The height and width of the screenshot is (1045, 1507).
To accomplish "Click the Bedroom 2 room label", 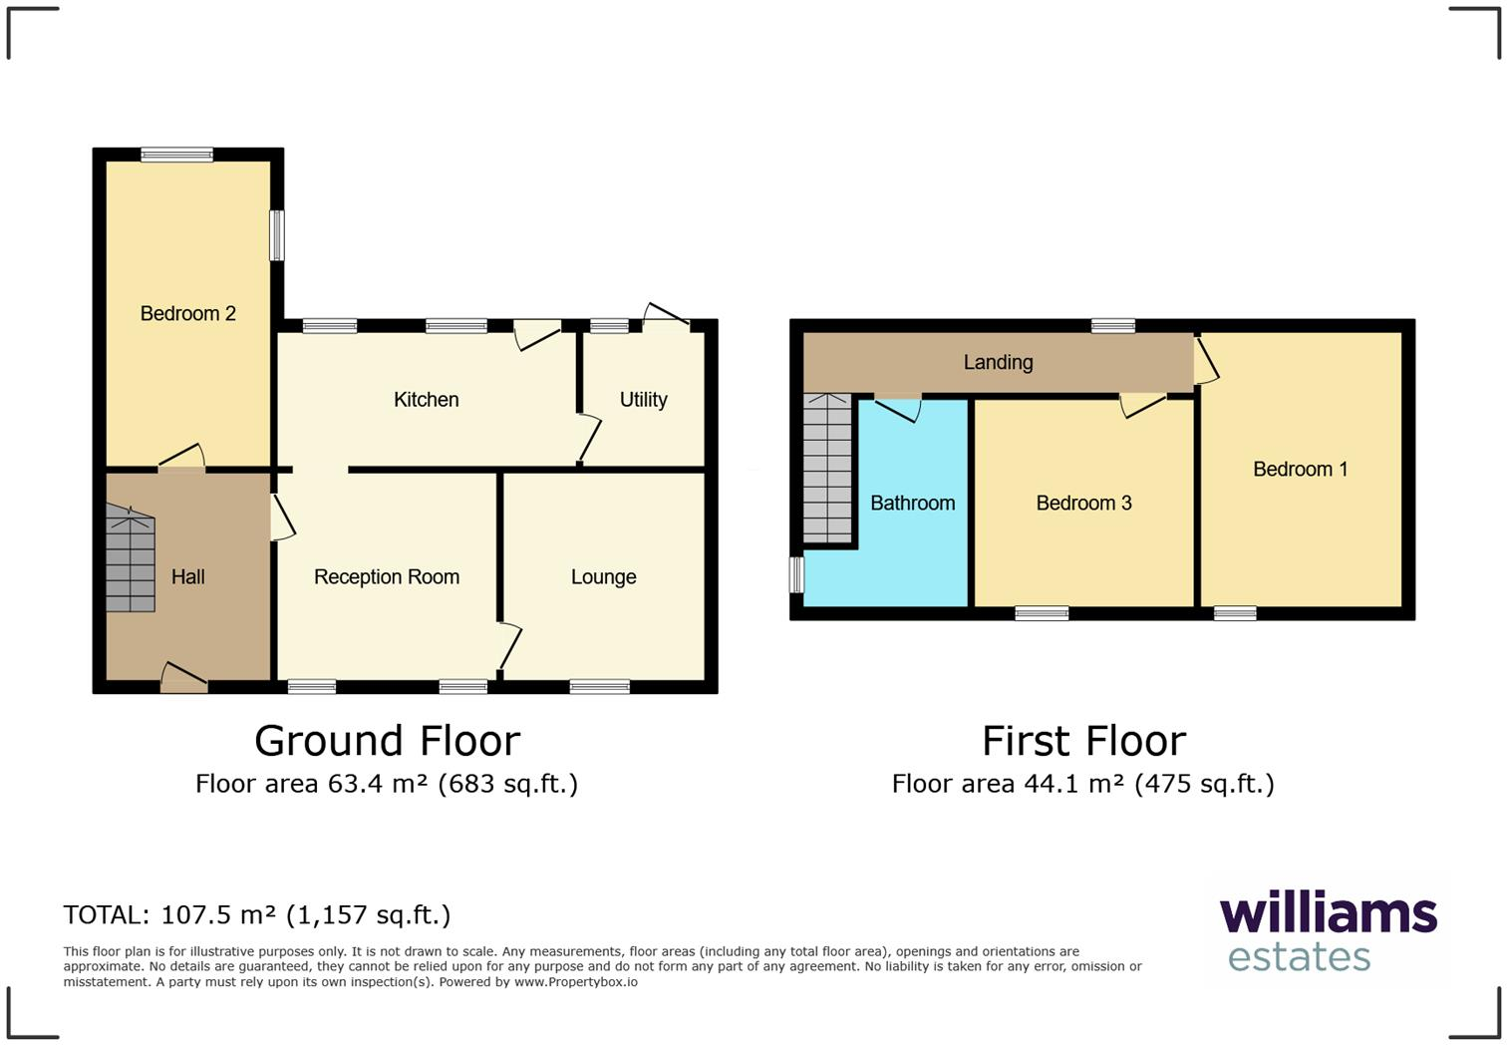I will click(x=187, y=314).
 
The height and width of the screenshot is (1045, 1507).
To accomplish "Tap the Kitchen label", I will click(x=426, y=400).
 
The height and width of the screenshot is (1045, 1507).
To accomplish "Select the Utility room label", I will click(x=643, y=400).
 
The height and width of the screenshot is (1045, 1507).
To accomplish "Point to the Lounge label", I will click(x=603, y=577).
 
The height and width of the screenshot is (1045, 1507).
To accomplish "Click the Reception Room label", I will click(x=386, y=577).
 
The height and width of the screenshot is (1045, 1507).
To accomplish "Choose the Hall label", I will click(x=187, y=577).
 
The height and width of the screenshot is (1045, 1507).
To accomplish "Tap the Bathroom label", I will click(x=912, y=504).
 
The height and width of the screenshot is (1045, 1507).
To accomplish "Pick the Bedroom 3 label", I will click(x=1083, y=504).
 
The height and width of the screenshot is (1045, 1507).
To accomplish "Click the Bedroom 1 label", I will click(x=1300, y=470).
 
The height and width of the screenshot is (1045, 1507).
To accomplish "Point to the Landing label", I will click(x=998, y=363).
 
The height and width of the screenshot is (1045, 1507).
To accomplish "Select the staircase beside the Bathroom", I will click(x=827, y=469).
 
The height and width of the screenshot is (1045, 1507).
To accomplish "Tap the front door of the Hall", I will click(x=184, y=679).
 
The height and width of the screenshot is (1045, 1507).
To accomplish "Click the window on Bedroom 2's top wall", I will click(x=176, y=155).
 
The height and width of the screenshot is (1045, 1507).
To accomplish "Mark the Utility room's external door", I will click(x=666, y=317).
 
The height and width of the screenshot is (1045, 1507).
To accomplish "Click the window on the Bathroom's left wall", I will click(x=796, y=574).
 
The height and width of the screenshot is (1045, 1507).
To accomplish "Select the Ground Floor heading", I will click(x=387, y=742).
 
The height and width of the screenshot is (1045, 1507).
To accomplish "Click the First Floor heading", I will click(x=1083, y=742).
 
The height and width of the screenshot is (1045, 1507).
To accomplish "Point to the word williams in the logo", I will click(x=1328, y=914).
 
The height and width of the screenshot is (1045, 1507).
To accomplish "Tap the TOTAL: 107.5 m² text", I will click(x=256, y=915).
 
